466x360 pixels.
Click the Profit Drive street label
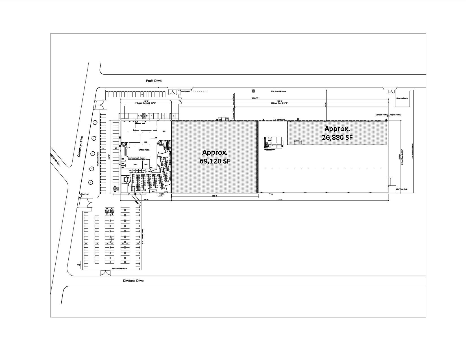(154, 81)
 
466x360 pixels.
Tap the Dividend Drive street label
(133, 281)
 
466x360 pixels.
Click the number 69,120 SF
(215, 161)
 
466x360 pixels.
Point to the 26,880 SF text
(337, 137)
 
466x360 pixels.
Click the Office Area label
(144, 150)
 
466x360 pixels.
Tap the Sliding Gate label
(186, 91)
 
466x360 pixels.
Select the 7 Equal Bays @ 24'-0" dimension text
(145, 103)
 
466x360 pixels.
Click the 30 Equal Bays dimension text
(279, 103)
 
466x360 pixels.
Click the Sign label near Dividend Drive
(79, 265)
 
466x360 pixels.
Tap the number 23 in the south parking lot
(138, 243)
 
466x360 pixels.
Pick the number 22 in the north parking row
(142, 94)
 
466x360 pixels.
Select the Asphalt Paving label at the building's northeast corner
(395, 115)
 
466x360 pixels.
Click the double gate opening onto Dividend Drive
(106, 273)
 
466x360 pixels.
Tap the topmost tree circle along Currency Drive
(95, 123)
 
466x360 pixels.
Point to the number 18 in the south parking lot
(97, 243)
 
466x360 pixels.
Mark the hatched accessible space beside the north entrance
(144, 115)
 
